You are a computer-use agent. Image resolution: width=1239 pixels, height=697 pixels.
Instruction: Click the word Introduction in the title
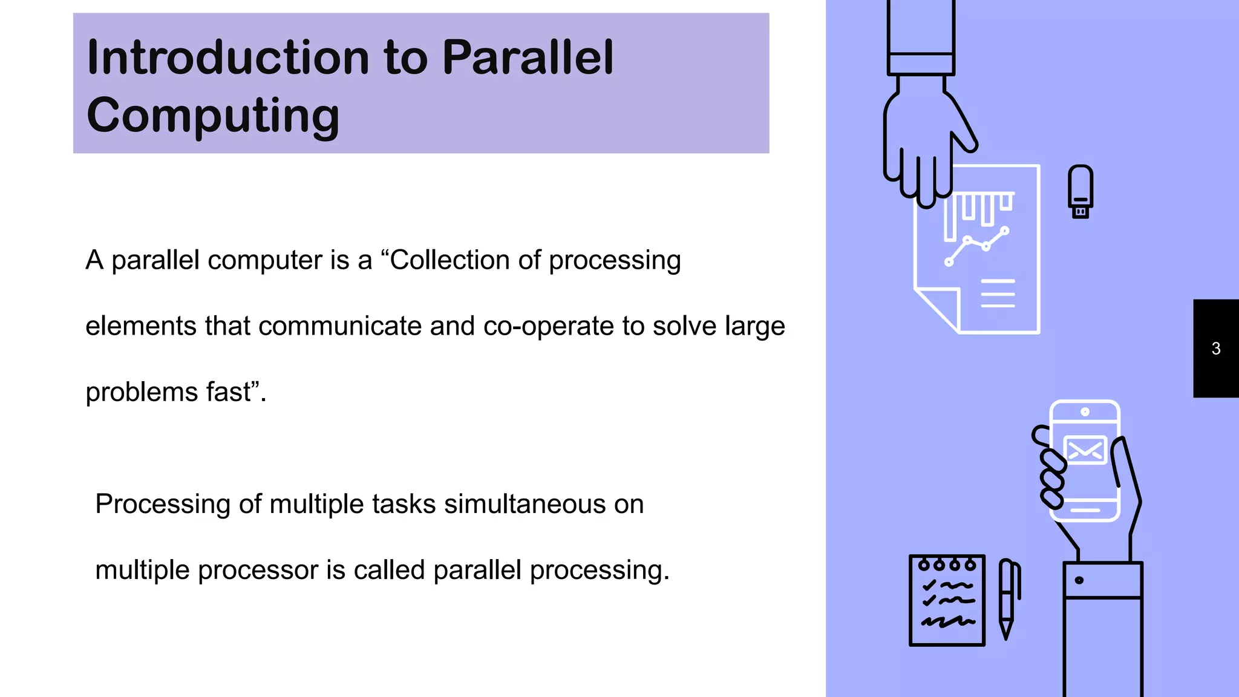(x=227, y=57)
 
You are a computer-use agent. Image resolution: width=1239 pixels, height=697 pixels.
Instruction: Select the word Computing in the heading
(x=213, y=115)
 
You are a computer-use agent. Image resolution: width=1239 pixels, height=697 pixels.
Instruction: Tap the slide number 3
(x=1216, y=348)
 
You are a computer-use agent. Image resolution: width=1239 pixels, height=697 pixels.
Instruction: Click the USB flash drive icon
(x=1080, y=191)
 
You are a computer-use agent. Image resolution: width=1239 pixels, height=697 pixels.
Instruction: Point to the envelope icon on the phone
(x=1085, y=450)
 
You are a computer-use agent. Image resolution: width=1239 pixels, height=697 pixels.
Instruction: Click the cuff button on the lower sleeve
(x=1079, y=581)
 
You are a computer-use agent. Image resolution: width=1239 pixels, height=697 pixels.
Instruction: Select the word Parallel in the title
(x=528, y=57)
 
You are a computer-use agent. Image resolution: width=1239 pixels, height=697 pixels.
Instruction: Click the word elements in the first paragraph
(x=140, y=326)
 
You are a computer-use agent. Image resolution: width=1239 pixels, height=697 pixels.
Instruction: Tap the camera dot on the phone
(x=1085, y=412)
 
